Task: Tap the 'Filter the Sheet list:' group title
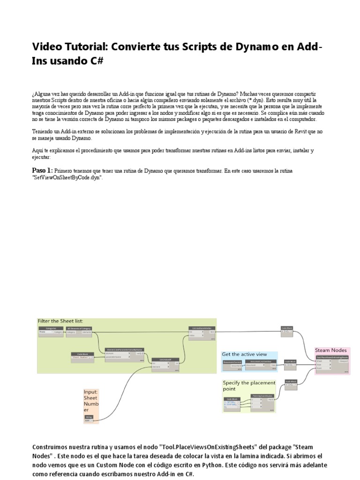(60, 321)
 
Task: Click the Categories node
(51, 330)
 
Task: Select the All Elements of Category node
(79, 330)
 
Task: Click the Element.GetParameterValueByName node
(124, 352)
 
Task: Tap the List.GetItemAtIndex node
(202, 330)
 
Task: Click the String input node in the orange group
(89, 418)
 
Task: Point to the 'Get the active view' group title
(244, 354)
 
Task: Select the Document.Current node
(232, 364)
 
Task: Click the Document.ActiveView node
(261, 364)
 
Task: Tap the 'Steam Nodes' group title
(331, 350)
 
